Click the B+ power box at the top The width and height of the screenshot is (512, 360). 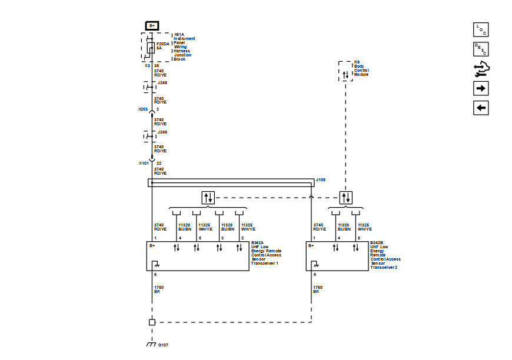pyautogui.click(x=152, y=25)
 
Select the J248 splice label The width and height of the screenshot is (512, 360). pyautogui.click(x=162, y=83)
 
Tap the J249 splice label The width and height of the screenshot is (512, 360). pyautogui.click(x=162, y=132)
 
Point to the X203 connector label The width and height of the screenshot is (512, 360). pyautogui.click(x=143, y=109)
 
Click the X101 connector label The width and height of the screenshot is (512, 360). pyautogui.click(x=143, y=162)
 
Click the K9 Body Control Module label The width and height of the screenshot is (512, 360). pyautogui.click(x=362, y=68)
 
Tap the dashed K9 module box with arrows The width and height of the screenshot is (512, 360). pyautogui.click(x=345, y=71)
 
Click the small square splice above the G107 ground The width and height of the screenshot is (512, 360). pyautogui.click(x=151, y=322)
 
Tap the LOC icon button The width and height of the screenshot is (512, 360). pyautogui.click(x=481, y=29)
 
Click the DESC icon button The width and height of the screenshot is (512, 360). pyautogui.click(x=481, y=49)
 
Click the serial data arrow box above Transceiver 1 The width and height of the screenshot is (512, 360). pyautogui.click(x=208, y=197)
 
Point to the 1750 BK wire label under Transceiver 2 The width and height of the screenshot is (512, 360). pyautogui.click(x=317, y=289)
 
